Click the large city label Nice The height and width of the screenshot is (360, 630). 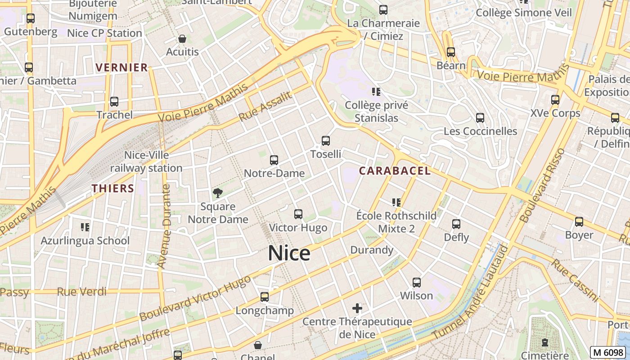(289, 253)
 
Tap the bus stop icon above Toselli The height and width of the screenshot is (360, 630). (326, 141)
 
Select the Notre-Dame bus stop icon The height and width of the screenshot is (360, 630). (274, 160)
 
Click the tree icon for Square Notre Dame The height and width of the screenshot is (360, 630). (218, 193)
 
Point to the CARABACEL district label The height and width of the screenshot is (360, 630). (394, 171)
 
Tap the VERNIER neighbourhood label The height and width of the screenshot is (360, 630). (121, 68)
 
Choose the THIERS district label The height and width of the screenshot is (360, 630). (113, 189)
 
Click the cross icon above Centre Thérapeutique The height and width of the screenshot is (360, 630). (357, 308)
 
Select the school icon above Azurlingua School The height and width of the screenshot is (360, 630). (85, 227)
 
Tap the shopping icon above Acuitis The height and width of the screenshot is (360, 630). (182, 39)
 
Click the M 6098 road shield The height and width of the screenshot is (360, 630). (608, 352)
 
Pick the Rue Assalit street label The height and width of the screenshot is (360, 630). (265, 107)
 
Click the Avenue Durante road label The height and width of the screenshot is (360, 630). (166, 227)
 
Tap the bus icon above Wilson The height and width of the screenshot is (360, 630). (417, 283)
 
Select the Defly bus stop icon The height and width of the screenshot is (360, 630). (456, 224)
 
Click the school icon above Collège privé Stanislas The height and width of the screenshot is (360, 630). (376, 92)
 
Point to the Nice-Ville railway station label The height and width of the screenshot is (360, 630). (146, 162)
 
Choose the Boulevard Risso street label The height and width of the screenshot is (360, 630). (542, 185)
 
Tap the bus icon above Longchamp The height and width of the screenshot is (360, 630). (265, 297)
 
